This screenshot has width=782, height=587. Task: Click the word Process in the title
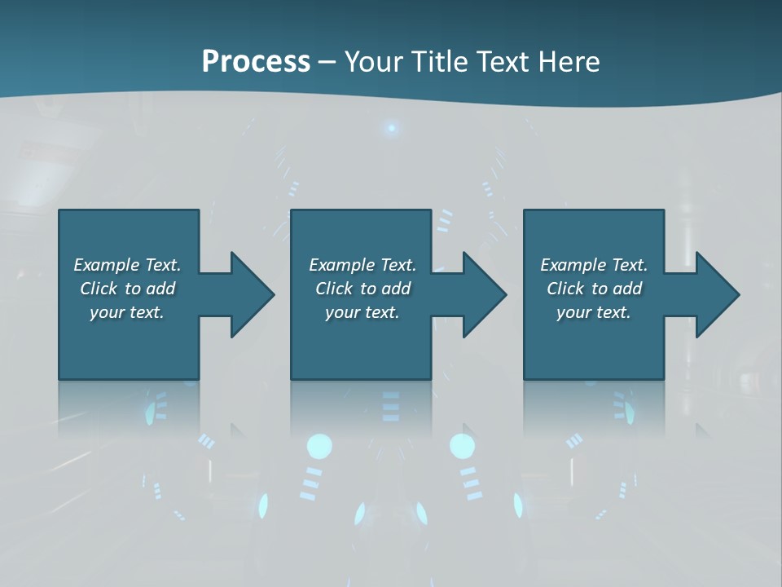256,62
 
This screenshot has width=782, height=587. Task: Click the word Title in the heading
441,62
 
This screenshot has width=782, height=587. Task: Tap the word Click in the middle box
334,289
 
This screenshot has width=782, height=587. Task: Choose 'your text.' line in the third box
593,312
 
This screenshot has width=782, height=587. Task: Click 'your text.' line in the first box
126,312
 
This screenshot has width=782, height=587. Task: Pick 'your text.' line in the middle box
362,312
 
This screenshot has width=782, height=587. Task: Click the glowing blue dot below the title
392,128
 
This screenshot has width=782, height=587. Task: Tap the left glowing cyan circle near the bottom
319,446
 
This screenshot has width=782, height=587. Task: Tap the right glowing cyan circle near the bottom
462,446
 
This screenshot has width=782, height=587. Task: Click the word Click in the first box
99,289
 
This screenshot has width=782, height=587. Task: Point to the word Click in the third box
565,289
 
